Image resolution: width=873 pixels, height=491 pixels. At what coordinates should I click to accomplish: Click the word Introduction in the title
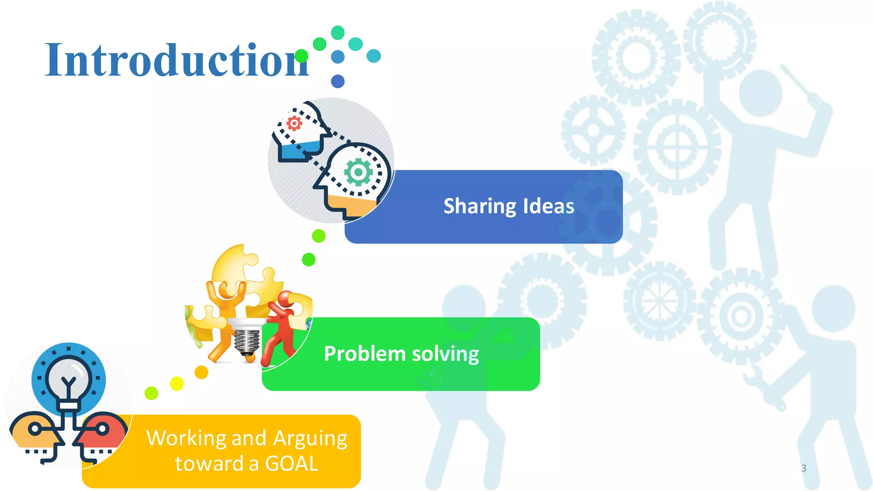(177, 61)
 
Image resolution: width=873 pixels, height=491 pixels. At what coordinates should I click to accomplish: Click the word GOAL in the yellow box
(292, 464)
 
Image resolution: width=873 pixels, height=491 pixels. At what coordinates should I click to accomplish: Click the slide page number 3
(804, 468)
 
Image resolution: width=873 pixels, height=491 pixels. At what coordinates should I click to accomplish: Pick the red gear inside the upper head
(294, 123)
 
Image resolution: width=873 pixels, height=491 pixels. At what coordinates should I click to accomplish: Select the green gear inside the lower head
(358, 172)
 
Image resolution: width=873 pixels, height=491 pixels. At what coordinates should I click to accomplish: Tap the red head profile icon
(101, 435)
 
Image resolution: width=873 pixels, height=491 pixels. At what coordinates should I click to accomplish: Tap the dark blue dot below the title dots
(338, 81)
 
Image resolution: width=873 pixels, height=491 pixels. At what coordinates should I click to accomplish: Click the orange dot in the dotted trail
(201, 372)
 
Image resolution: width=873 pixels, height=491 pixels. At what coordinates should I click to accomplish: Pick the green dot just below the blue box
(318, 236)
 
